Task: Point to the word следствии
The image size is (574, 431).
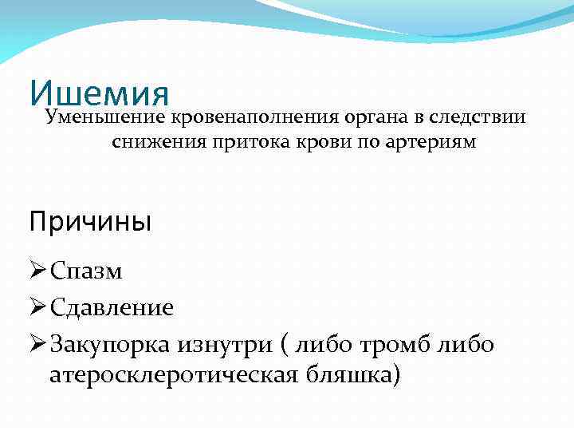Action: click(477, 118)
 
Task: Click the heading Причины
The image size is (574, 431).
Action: click(90, 221)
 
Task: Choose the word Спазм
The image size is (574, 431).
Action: click(86, 272)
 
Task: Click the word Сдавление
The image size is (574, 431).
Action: click(112, 307)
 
